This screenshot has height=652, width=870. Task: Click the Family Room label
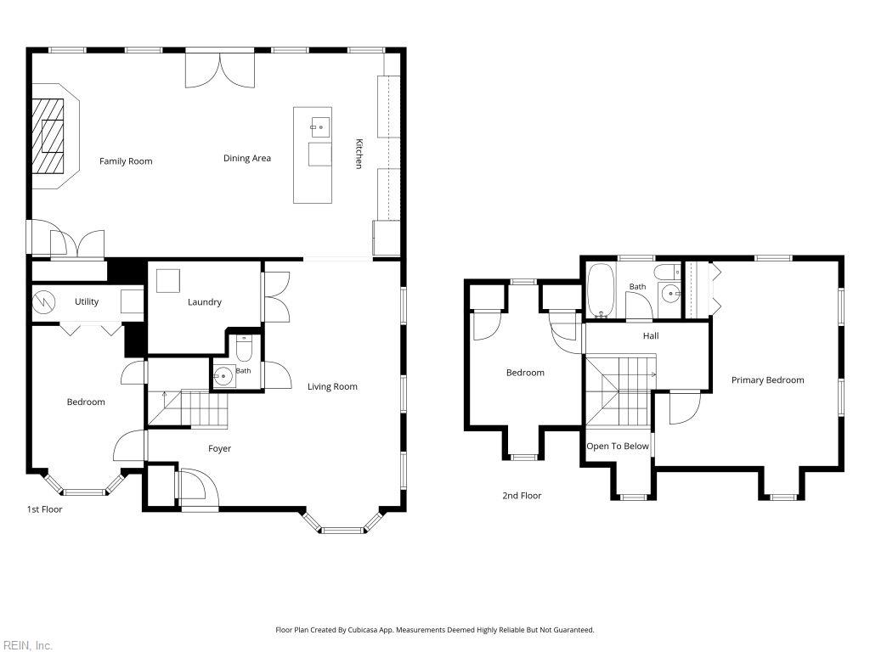126,161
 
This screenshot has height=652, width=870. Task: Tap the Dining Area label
247,159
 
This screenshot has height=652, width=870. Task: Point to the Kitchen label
359,154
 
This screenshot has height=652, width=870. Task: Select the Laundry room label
204,302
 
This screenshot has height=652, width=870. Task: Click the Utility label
87,301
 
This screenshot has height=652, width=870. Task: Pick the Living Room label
332,387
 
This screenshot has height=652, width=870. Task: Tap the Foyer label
220,448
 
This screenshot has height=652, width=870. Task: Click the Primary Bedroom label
767,380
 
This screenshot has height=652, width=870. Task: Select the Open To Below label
618,447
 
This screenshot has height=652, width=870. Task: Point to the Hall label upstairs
651,336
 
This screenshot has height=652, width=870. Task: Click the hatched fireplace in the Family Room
48,137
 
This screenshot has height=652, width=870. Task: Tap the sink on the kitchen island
320,127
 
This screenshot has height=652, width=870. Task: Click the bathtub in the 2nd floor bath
601,290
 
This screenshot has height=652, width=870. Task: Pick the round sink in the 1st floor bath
223,376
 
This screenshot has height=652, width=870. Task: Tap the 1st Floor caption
44,509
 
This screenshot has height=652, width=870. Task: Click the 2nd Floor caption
522,496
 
